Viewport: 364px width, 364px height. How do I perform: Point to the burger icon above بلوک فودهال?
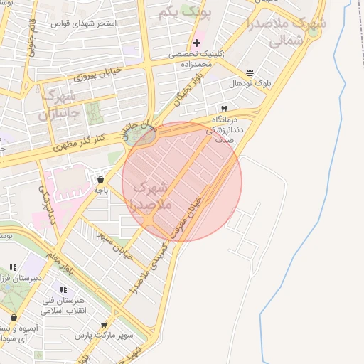(250, 73)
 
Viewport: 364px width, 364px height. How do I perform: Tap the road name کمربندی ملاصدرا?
(151, 269)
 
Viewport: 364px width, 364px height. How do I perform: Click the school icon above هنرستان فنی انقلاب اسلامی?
(63, 290)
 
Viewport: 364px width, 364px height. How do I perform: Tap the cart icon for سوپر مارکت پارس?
(105, 324)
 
